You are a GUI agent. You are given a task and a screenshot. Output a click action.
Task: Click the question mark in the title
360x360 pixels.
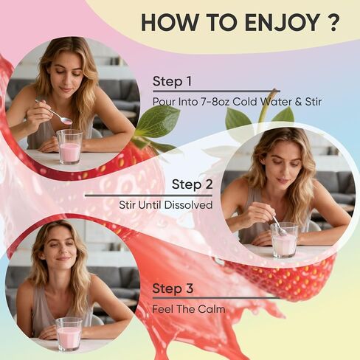tap(333, 22)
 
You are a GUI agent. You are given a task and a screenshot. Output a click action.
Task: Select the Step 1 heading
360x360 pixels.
tap(172, 81)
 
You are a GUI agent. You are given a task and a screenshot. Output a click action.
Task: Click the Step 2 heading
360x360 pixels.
tap(192, 184)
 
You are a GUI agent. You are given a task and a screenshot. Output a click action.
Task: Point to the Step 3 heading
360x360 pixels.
tap(173, 288)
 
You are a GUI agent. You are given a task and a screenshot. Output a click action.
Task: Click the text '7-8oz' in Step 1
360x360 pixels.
tap(215, 102)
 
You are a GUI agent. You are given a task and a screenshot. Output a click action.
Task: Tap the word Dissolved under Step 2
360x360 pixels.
tap(188, 205)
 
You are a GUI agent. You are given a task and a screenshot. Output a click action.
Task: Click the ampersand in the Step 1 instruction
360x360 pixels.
tap(298, 102)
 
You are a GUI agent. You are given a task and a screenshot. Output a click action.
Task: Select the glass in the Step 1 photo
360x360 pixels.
tap(69, 147)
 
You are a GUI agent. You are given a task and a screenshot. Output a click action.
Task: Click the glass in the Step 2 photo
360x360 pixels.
tap(284, 240)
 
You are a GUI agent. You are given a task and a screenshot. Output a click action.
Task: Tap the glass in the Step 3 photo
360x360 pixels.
tap(69, 334)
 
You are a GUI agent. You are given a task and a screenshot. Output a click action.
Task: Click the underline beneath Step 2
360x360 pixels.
tap(148, 195)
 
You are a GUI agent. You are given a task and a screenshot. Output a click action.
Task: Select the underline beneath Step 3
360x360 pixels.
tap(216, 298)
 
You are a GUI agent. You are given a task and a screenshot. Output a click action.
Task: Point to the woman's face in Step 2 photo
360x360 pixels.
tap(285, 172)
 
